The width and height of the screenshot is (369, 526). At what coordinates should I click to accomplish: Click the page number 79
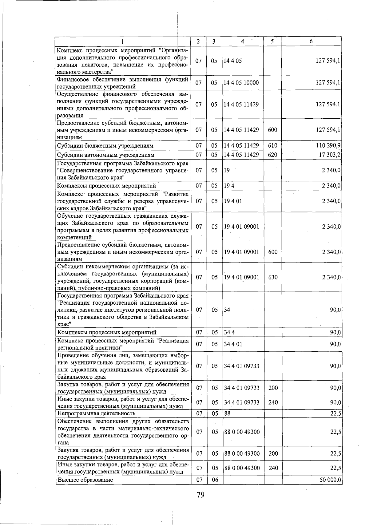pos(200,495)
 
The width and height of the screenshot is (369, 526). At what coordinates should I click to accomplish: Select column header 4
pos(242,41)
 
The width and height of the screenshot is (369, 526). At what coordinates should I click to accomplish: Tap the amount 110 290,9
pos(328,145)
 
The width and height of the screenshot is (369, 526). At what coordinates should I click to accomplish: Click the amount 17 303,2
pos(329,155)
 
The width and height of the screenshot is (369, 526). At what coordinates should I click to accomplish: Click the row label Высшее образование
pos(85,480)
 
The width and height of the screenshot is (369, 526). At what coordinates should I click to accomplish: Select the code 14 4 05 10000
pos(241,83)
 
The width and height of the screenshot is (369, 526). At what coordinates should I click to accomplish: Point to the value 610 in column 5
pos(272,145)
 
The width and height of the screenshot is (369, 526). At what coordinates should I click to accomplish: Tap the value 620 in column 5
pos(272,155)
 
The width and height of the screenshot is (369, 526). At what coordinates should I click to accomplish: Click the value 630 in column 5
pos(273,277)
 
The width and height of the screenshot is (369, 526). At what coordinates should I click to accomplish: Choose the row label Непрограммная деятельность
pos(96,413)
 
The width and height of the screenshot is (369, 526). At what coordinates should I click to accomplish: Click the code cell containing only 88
pos(227,413)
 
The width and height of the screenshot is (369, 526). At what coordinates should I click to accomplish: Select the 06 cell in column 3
pos(215,480)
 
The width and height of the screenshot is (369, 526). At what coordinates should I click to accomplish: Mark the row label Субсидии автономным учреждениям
pos(106,155)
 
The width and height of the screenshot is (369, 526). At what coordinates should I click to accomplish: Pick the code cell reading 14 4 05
pos(232,61)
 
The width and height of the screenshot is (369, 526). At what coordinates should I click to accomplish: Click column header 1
pos(123,41)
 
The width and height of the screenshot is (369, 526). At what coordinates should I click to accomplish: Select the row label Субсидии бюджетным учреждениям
pos(105,145)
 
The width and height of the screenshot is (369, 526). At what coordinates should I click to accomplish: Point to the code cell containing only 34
pos(227,310)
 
